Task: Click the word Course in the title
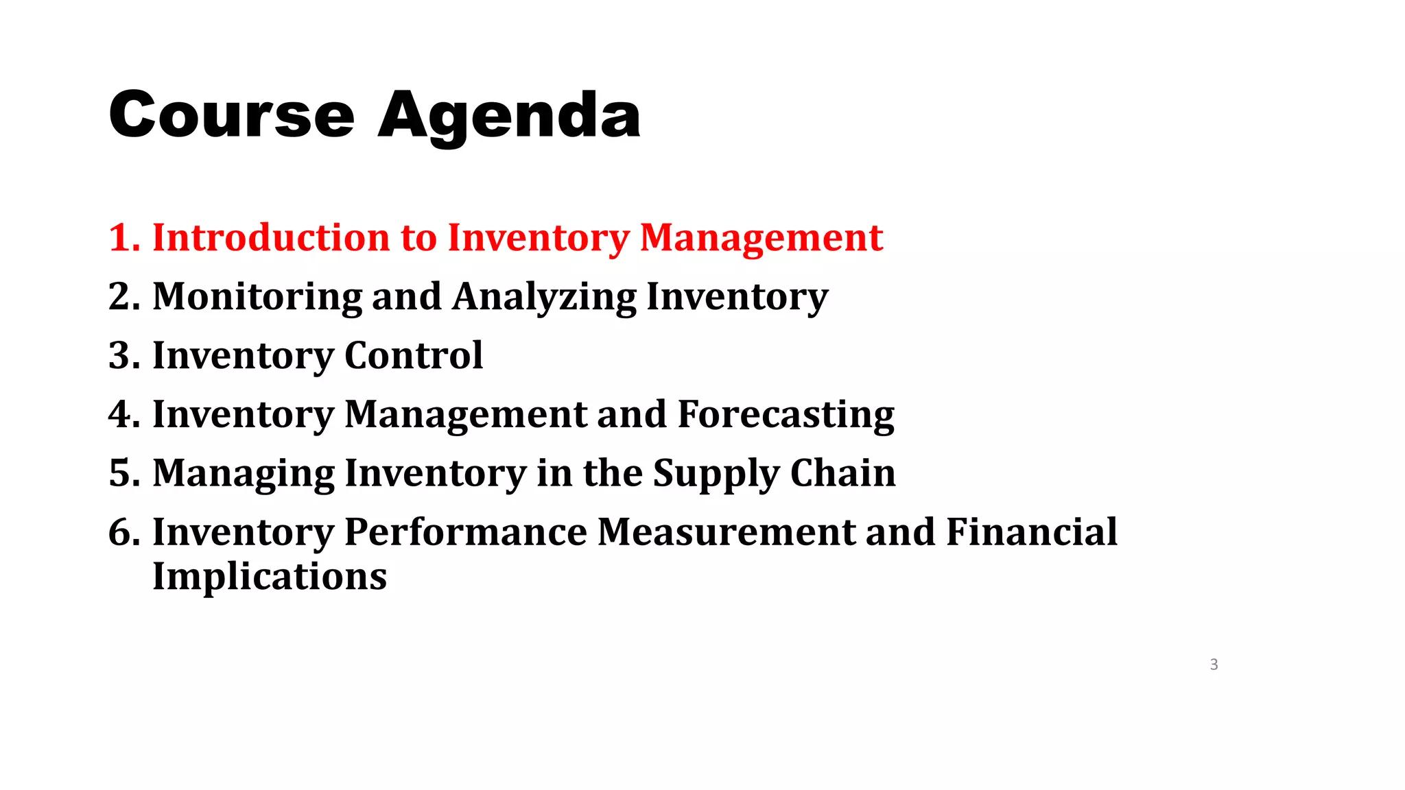click(231, 115)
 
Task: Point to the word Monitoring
click(257, 298)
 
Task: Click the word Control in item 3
click(413, 355)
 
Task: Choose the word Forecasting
click(786, 416)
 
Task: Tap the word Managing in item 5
click(243, 475)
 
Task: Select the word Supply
click(716, 475)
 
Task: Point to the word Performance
click(465, 532)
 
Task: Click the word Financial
click(1031, 532)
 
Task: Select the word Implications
click(269, 577)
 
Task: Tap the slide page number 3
click(1214, 664)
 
